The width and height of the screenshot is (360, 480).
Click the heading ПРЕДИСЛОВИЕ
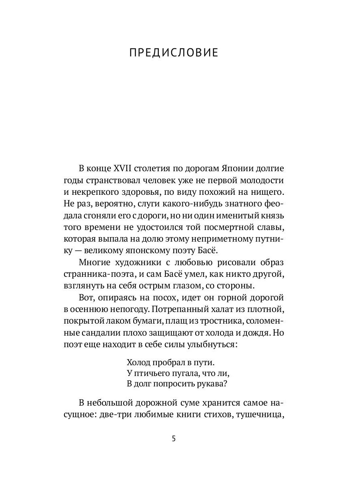174,53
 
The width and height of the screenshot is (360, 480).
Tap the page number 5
174,438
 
